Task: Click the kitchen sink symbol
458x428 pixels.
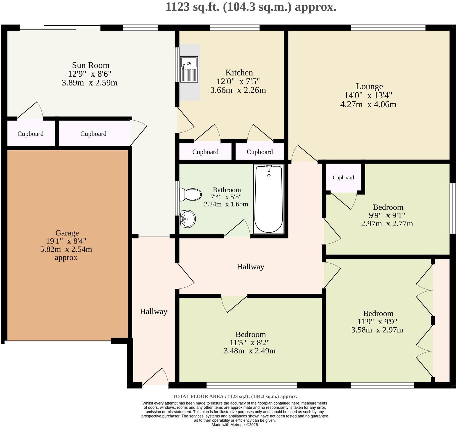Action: coord(189,69)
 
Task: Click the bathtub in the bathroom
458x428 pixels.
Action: coord(269,199)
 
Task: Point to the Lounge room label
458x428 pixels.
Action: coord(369,87)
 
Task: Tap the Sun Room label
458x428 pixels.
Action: coord(91,65)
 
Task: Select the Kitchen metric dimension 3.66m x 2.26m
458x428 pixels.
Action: coord(238,90)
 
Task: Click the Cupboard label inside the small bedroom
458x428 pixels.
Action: coord(343,178)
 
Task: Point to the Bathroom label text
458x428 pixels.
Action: coord(227,190)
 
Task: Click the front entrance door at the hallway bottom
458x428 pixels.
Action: coord(155,377)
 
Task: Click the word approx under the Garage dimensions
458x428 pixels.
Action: coord(66,258)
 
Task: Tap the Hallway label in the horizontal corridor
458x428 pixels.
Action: coord(250,267)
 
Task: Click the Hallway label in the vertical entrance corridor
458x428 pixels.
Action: coord(153,312)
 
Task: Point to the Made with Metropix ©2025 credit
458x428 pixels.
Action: coord(235,425)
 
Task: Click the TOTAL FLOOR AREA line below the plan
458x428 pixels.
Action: coord(235,397)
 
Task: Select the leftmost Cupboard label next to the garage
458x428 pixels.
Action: coord(30,134)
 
